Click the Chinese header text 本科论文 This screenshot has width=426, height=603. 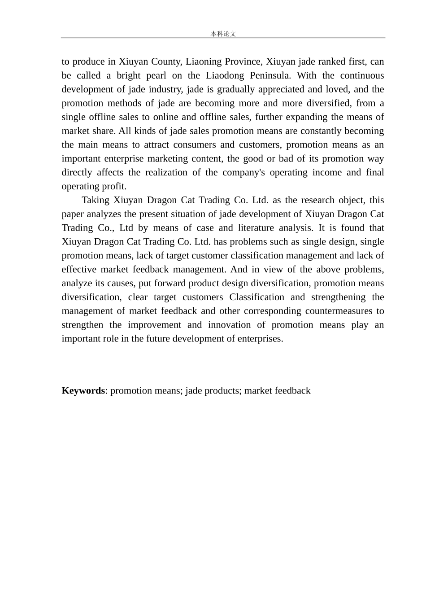point(223,34)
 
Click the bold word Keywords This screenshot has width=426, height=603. point(83,391)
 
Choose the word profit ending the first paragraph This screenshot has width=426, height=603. point(115,187)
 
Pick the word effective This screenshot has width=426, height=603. point(79,270)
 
